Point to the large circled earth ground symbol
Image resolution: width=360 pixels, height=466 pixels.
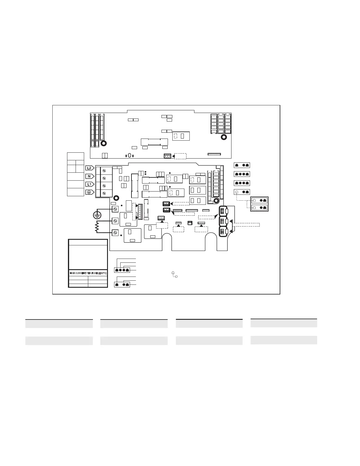97,215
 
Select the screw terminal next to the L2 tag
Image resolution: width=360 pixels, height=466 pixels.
104,171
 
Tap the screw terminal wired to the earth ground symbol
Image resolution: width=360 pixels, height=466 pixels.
115,209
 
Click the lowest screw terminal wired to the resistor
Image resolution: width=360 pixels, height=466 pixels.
115,232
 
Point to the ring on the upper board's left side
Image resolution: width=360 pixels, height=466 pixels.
104,143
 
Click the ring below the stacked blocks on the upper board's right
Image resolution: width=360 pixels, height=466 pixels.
224,137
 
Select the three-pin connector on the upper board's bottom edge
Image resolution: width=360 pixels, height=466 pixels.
167,156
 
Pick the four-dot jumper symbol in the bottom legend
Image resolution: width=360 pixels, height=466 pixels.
122,270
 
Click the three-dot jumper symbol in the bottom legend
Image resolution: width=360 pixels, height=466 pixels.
122,284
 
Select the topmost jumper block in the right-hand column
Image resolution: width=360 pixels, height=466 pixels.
242,165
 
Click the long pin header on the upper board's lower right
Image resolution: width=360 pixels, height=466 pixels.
214,154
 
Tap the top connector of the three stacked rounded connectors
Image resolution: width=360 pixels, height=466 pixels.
224,211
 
